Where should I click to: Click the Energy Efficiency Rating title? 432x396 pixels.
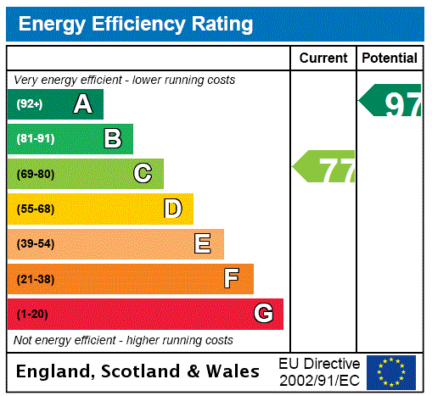[136, 24]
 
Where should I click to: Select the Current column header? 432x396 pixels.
[323, 59]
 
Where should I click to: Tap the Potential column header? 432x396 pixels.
[390, 59]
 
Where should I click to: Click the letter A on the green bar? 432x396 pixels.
[82, 104]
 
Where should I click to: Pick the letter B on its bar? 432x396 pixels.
[113, 139]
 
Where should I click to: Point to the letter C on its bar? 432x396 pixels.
[143, 174]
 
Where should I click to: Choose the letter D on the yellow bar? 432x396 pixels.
[172, 209]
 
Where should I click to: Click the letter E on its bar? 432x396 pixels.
[203, 244]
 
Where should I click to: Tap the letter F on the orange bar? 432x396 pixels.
[232, 279]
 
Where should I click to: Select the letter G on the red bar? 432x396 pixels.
[263, 314]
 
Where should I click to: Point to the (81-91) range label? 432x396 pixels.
[35, 139]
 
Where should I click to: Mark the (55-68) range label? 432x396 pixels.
[35, 209]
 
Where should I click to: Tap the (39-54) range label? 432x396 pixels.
[35, 244]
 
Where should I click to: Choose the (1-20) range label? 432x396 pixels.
[31, 314]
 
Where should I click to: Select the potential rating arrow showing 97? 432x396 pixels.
[391, 102]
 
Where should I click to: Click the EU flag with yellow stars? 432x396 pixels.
[391, 372]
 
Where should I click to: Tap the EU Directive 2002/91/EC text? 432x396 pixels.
[319, 371]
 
